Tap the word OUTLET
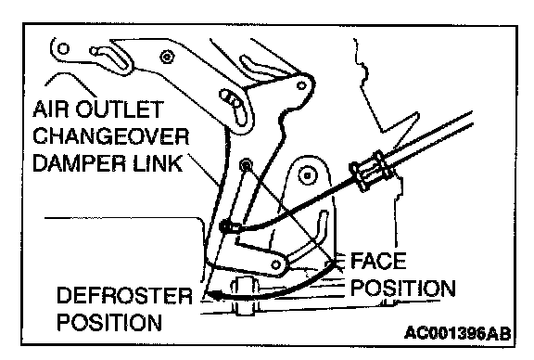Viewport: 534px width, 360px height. pos(119,109)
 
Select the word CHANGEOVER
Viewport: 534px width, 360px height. pos(110,136)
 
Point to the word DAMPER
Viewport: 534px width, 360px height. pos(80,163)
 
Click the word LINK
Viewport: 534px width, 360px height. pos(158,163)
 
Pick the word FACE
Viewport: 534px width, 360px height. pos(378,261)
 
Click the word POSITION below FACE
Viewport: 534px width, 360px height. pos(403,289)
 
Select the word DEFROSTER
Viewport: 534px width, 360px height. pos(124,295)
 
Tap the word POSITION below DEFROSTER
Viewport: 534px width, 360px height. pos(109,322)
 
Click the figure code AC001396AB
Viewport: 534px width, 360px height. pos(458,333)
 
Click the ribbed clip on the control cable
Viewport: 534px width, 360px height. pos(374,170)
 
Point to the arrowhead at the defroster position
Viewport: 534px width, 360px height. pos(214,294)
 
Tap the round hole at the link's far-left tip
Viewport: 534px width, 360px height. pos(63,48)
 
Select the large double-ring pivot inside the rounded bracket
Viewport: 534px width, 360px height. pos(308,176)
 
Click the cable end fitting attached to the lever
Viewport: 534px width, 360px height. pos(230,226)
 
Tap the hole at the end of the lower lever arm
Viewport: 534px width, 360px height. pos(276,264)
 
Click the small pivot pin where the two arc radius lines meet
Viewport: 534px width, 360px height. pos(246,165)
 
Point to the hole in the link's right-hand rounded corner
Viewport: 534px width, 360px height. pos(301,85)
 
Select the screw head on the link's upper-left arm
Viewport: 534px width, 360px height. pos(167,57)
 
